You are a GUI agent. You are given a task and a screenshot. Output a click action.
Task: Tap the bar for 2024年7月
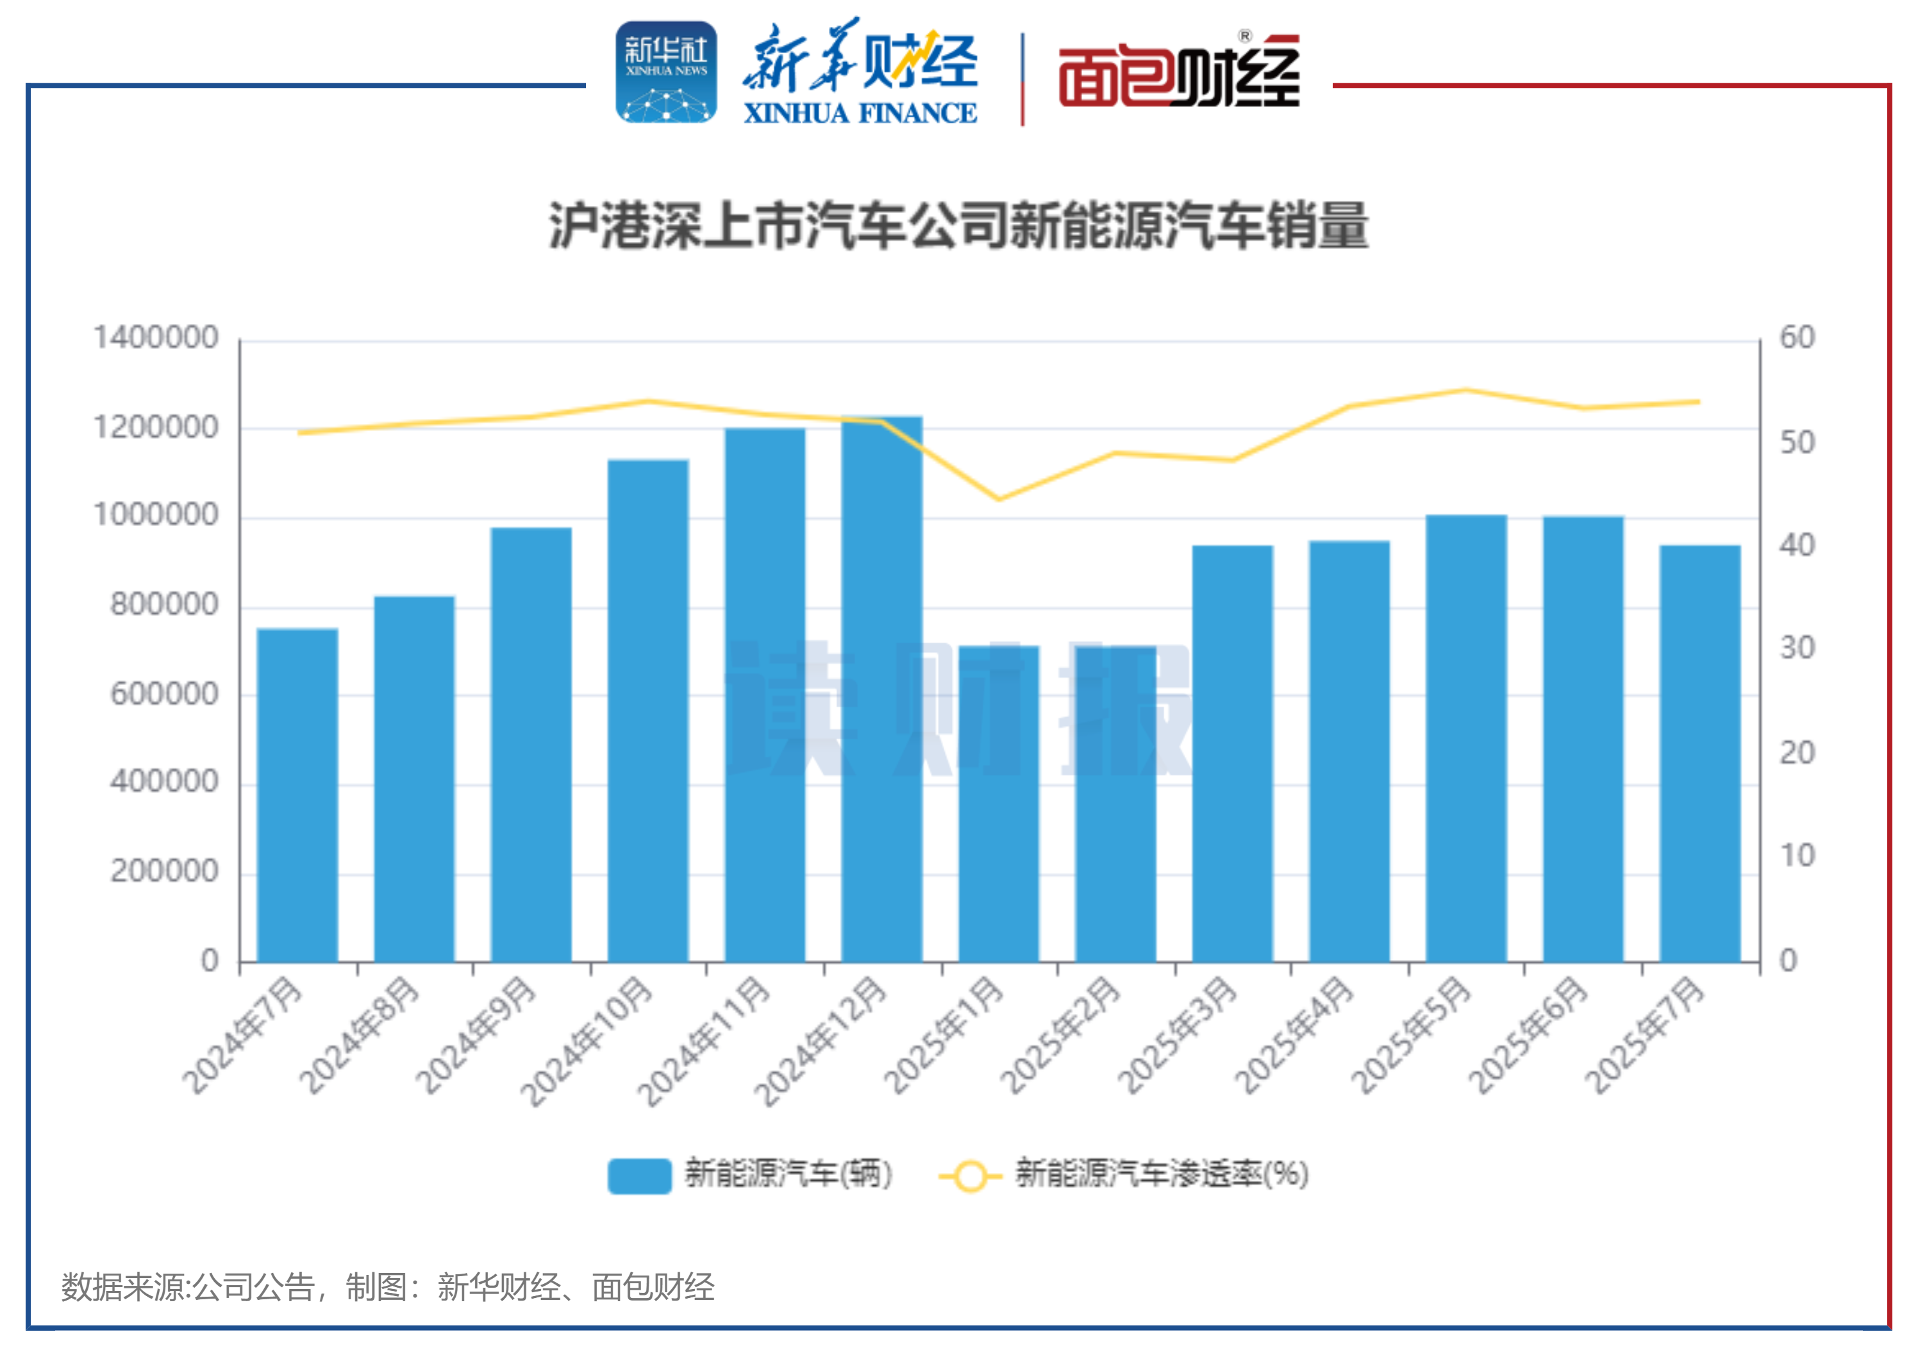pyautogui.click(x=297, y=795)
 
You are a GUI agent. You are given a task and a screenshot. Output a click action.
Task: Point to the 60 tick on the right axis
pyautogui.click(x=1797, y=337)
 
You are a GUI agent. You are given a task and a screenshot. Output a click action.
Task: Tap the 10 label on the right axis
pyautogui.click(x=1797, y=855)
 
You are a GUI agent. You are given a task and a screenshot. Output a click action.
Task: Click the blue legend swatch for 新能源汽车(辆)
pyautogui.click(x=639, y=1175)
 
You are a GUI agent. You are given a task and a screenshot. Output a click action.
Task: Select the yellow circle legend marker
pyautogui.click(x=970, y=1176)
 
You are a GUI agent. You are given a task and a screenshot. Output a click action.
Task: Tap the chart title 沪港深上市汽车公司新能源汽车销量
pyautogui.click(x=958, y=226)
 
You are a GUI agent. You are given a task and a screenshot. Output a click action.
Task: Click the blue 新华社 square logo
pyautogui.click(x=666, y=72)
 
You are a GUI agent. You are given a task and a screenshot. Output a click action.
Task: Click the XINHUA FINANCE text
pyautogui.click(x=860, y=113)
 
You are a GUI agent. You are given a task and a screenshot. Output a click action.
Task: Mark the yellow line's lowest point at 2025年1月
pyautogui.click(x=998, y=499)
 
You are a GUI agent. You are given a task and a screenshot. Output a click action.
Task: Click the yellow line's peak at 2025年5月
pyautogui.click(x=1466, y=390)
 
